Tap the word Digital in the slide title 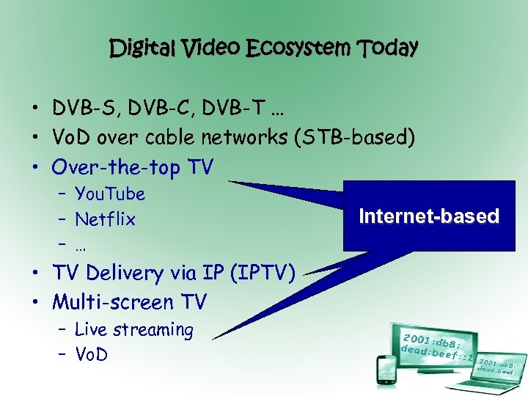click(142, 48)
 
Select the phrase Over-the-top click(116, 167)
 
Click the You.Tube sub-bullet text click(110, 194)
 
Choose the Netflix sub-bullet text click(105, 219)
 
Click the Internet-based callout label click(429, 216)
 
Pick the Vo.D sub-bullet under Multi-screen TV click(92, 355)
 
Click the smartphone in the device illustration click(386, 370)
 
